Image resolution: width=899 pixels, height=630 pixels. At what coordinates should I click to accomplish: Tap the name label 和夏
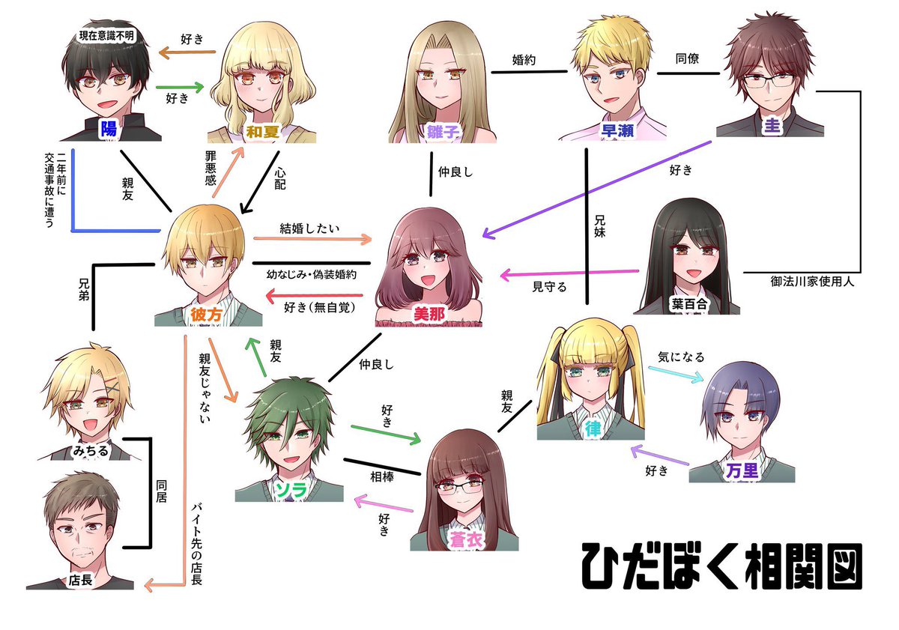pos(263,133)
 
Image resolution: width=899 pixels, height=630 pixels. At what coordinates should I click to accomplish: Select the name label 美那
pos(429,315)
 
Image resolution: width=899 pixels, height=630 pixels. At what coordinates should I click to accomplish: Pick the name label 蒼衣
pos(464,539)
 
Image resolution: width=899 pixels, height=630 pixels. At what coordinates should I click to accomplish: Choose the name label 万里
pos(742,470)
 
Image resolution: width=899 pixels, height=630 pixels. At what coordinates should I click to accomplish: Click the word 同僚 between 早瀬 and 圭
pos(687,58)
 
